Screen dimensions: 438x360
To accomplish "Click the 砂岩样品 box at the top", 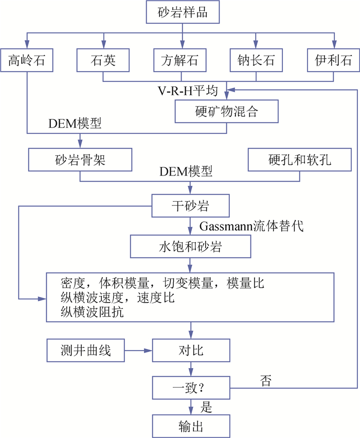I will (x=182, y=12).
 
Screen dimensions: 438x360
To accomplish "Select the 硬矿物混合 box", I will (x=227, y=111).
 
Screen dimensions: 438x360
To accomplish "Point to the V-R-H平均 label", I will (x=187, y=92).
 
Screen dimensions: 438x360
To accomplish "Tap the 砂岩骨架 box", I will (x=80, y=160).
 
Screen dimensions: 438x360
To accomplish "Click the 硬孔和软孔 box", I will (x=299, y=160).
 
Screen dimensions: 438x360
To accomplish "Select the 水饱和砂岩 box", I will (x=190, y=247).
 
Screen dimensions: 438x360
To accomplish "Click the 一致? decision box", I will (x=190, y=386).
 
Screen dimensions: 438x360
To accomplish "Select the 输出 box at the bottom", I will (x=190, y=426).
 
